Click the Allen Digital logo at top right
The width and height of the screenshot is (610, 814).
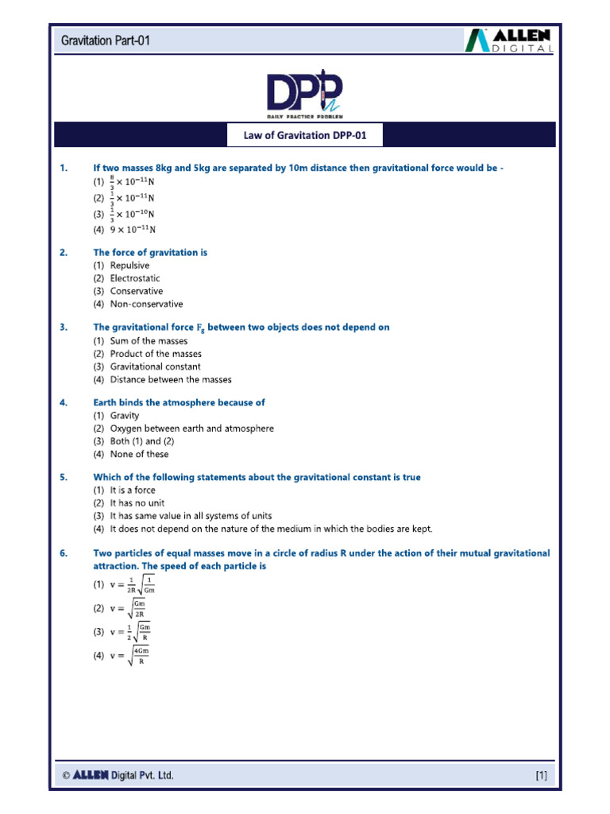[x=508, y=40]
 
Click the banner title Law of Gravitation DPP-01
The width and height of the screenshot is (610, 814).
[x=305, y=136]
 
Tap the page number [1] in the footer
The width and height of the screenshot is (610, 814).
[x=541, y=775]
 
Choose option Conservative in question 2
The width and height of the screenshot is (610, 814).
[x=136, y=291]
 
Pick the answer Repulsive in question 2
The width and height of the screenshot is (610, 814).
[x=129, y=266]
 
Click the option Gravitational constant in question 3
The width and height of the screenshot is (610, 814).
[x=155, y=366]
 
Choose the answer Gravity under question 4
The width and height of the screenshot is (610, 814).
[x=125, y=416]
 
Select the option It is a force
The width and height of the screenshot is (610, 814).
[x=133, y=490]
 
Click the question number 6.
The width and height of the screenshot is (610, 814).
[x=64, y=552]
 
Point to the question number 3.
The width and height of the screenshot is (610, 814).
[x=64, y=327]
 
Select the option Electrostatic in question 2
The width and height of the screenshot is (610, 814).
[x=134, y=278]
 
